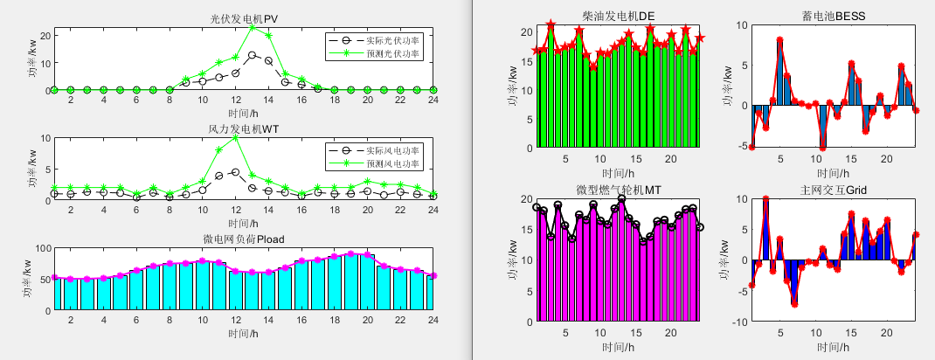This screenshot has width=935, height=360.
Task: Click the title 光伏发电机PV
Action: coord(243,17)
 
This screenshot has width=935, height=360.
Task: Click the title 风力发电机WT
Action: coord(243,129)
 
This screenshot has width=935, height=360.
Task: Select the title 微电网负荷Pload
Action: coord(243,239)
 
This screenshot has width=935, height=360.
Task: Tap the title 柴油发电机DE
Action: coord(618,16)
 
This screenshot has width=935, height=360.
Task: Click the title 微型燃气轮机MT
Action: coord(618,190)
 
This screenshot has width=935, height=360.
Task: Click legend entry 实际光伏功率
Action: coord(392,40)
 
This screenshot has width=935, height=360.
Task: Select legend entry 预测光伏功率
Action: coord(392,54)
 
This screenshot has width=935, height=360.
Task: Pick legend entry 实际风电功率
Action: coord(392,151)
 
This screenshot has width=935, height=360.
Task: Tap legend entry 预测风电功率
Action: coord(392,164)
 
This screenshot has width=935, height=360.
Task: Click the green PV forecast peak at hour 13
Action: coord(252,27)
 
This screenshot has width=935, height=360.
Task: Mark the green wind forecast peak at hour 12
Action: coord(236,137)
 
